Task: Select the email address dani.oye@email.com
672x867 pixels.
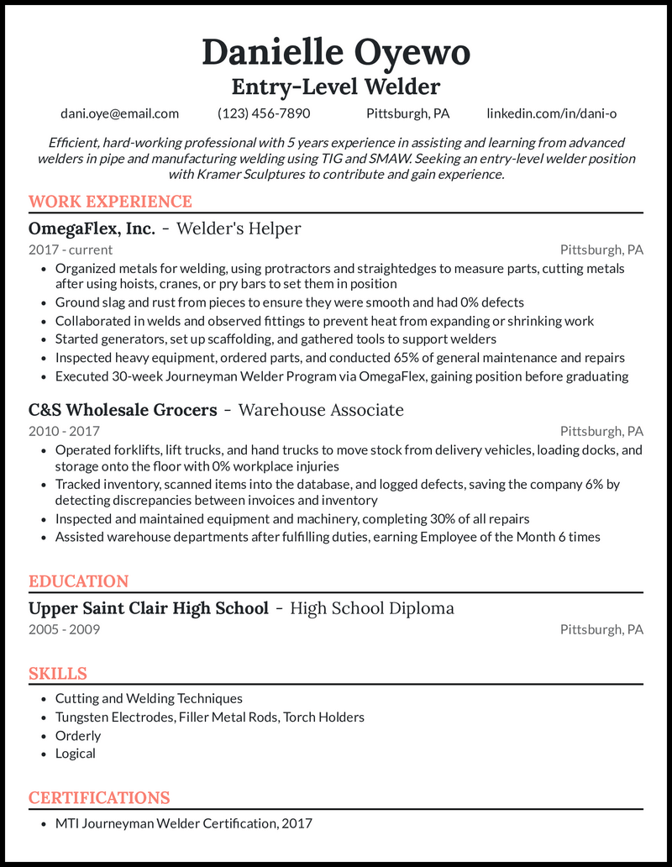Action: coord(119,113)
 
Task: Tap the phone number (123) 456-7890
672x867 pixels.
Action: coord(264,113)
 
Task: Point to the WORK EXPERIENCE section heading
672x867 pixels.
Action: coord(110,202)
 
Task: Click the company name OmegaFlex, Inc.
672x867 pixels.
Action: coord(92,229)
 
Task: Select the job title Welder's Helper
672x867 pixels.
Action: coord(239,229)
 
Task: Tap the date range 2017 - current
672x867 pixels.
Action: coord(71,250)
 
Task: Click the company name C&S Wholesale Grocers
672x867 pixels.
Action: coord(123,410)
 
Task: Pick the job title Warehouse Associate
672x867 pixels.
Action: coord(321,410)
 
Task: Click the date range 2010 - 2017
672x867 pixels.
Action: coord(64,431)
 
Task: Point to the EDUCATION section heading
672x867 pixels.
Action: coord(78,581)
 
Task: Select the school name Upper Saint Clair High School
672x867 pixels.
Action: coord(149,608)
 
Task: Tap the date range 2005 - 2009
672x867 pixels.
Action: coord(64,629)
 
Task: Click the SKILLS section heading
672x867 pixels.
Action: coord(58,674)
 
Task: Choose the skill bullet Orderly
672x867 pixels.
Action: coord(78,735)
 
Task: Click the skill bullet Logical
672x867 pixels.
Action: coord(76,754)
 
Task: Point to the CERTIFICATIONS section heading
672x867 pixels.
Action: coord(99,798)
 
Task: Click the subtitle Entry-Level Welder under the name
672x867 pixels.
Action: coord(336,86)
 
